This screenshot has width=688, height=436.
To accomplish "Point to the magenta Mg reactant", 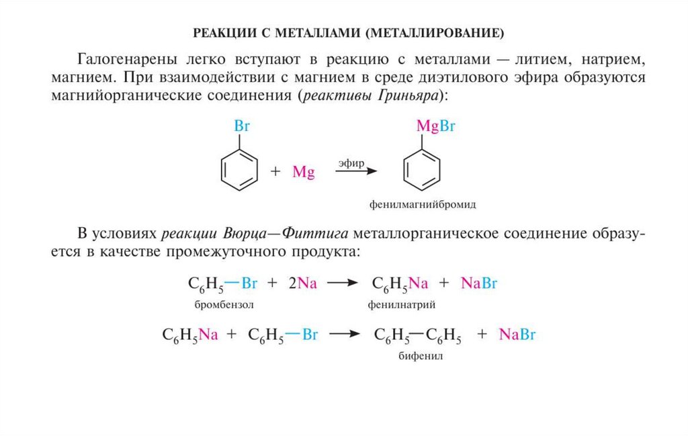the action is tap(304, 173).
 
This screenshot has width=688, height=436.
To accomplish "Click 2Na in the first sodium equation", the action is tap(302, 284).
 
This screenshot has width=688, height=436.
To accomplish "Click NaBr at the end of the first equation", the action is tap(479, 284).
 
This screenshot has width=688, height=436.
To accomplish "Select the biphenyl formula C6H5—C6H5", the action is tap(417, 335).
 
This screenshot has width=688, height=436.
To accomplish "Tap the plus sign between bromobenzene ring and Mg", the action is tap(275, 172).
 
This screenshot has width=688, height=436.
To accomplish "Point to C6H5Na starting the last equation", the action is tap(190, 335).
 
